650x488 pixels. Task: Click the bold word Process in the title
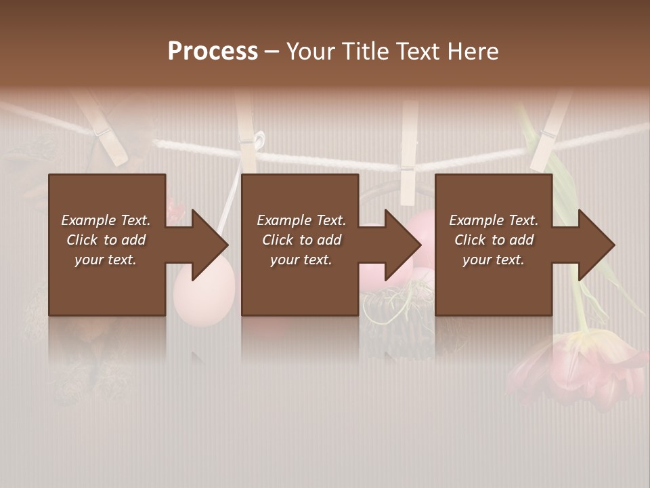tap(213, 52)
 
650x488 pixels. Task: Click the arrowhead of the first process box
tap(209, 245)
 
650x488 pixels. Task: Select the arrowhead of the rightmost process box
tap(596, 245)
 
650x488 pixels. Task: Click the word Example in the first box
tap(88, 220)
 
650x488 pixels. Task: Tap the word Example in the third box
tap(476, 220)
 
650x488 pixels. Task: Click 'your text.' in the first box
tap(106, 260)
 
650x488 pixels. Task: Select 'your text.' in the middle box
tap(301, 260)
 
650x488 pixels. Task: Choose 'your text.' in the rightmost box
tap(494, 260)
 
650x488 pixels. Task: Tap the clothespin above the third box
tap(408, 152)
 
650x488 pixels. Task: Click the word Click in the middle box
tap(279, 240)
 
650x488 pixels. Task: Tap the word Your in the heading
tap(308, 52)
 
